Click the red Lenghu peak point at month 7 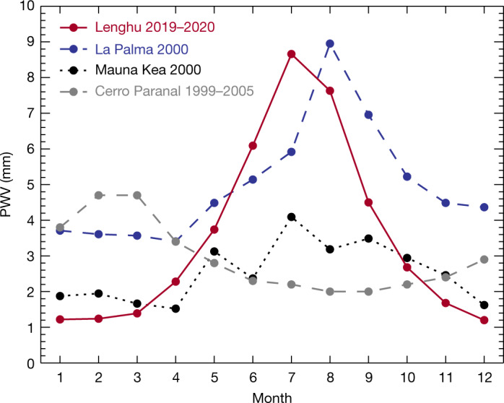pyautogui.click(x=291, y=54)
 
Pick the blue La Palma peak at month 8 pyautogui.click(x=329, y=43)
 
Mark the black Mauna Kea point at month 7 pyautogui.click(x=291, y=217)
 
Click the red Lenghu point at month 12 pyautogui.click(x=483, y=320)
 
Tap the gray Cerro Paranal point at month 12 pyautogui.click(x=483, y=259)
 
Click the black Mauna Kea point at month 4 pyautogui.click(x=175, y=308)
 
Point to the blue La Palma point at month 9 pyautogui.click(x=368, y=115)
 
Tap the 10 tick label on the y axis pyautogui.click(x=26, y=6)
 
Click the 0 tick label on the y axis pyautogui.click(x=30, y=363)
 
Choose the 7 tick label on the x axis pyautogui.click(x=291, y=378)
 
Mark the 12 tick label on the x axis pyautogui.click(x=483, y=378)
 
